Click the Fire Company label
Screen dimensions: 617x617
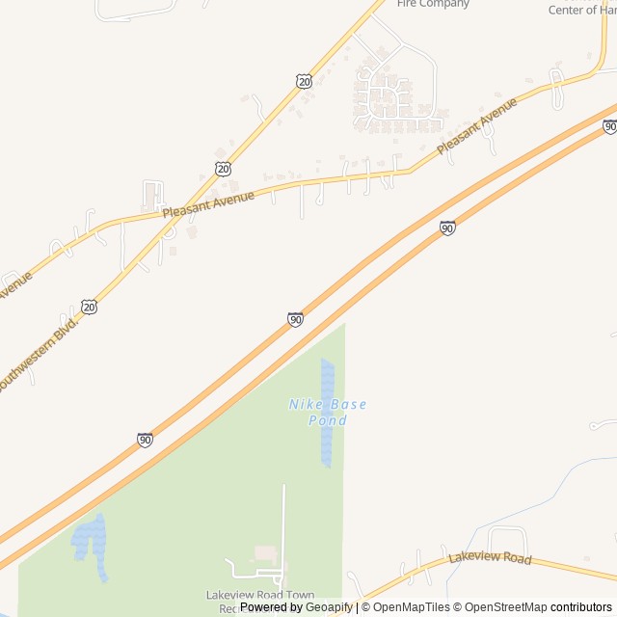point(433,4)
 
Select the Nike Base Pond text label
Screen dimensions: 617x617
point(328,412)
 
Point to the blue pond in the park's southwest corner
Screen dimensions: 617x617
point(91,545)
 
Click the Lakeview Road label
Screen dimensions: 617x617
point(490,559)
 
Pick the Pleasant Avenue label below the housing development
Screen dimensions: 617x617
point(476,126)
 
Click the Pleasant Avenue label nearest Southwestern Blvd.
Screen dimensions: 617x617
point(208,203)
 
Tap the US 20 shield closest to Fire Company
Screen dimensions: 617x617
point(305,81)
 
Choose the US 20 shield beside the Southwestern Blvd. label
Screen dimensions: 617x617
point(90,307)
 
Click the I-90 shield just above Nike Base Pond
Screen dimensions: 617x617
point(295,319)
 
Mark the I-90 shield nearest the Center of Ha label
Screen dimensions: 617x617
point(609,126)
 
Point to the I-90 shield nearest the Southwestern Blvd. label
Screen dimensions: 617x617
point(145,440)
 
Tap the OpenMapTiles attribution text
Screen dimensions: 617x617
point(412,607)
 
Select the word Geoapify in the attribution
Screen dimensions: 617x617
point(329,607)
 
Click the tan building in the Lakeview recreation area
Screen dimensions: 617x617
point(264,554)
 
